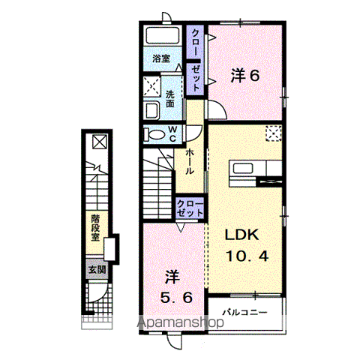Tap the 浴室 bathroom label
tap(161, 58)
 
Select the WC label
tap(172, 134)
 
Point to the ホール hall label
tap(190, 160)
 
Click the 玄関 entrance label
tap(97, 269)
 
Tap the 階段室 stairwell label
tap(95, 226)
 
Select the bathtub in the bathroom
tap(160, 36)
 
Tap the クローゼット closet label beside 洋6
tap(195, 59)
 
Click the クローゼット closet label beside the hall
tap(190, 208)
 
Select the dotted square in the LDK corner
tap(273, 135)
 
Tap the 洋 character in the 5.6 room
tap(171, 277)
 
